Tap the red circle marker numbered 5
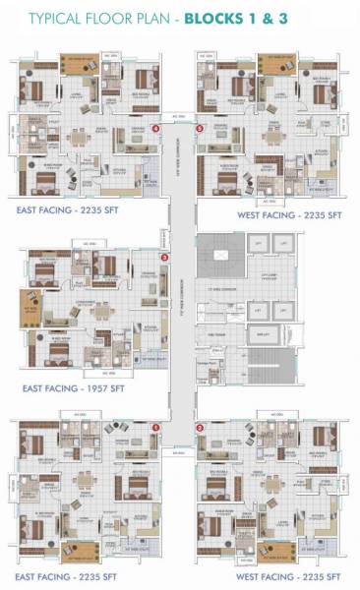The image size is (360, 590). (201, 128)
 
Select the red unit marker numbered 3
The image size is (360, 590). (165, 258)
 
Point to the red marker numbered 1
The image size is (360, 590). (156, 427)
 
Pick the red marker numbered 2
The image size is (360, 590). (200, 428)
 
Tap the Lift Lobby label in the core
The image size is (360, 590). (258, 277)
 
